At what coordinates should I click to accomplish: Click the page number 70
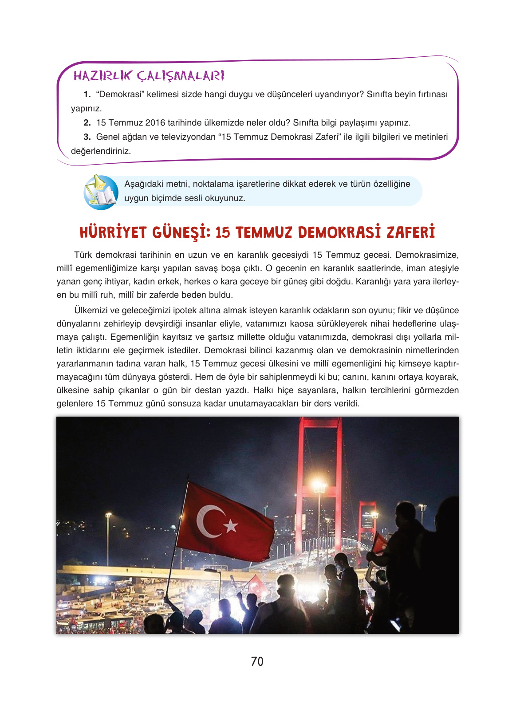257,662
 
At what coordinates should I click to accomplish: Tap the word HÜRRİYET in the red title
113,232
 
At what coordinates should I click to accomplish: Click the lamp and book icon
101,192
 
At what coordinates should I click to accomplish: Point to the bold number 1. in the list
87,95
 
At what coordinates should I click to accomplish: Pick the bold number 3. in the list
87,137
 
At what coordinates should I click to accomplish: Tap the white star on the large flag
230,526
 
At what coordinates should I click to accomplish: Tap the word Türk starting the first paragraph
83,255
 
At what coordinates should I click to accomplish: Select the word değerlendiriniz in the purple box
101,151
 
